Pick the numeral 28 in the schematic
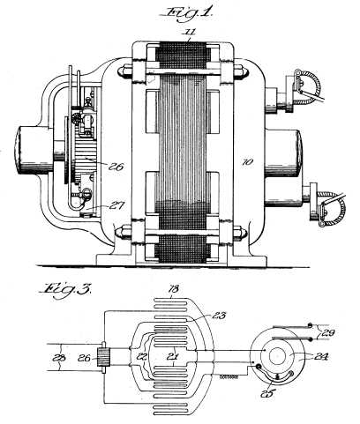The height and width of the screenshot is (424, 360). (58, 358)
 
